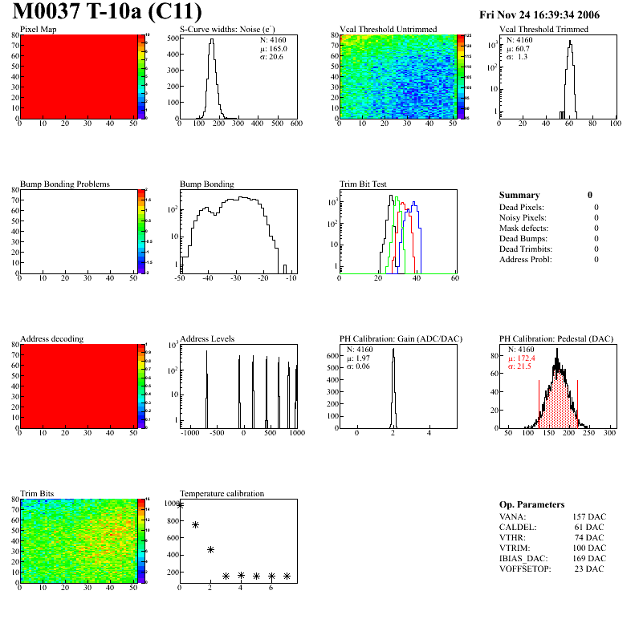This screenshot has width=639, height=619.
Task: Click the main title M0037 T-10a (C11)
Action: point(106,13)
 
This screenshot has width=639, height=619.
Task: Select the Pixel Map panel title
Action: point(38,30)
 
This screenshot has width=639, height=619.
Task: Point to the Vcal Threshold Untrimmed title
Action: point(388,30)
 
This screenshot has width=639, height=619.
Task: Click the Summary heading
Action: point(519,195)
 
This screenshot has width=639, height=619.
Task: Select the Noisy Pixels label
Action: point(523,217)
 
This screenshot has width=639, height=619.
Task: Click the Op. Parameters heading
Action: point(531,504)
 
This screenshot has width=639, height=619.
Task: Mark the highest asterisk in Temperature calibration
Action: point(180,505)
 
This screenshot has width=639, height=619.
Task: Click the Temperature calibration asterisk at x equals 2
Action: point(210,549)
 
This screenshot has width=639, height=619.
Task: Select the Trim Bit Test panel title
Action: point(364,184)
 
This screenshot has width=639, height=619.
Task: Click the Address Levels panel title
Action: point(206,339)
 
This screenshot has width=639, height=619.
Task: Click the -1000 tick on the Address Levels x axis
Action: point(190,433)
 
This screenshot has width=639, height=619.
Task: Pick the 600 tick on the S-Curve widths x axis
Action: point(295,123)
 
